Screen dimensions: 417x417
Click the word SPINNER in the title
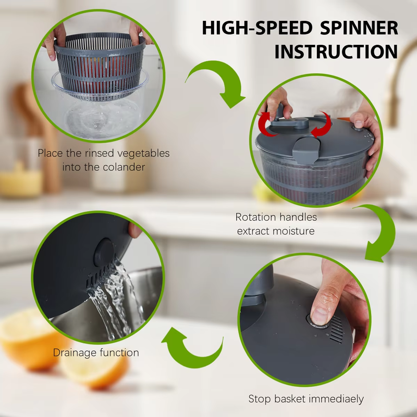coord(359,28)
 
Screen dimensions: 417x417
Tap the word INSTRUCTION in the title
coord(336,52)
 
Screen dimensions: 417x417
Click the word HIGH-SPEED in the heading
coord(257,28)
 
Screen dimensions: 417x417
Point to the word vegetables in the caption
coord(143,153)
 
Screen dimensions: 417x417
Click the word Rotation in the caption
coord(253,217)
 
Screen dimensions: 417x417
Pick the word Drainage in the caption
coord(73,353)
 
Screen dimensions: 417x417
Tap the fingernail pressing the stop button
coord(320,316)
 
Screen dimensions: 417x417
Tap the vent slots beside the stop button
coord(337,329)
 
